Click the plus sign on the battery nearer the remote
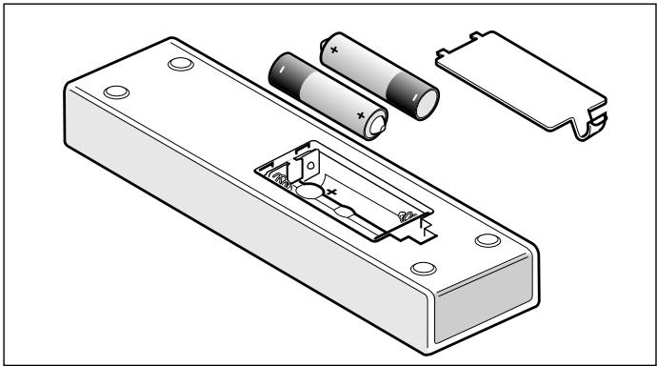pyautogui.click(x=361, y=114)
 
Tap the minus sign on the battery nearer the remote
pyautogui.click(x=282, y=71)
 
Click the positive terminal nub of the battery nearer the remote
pyautogui.click(x=379, y=123)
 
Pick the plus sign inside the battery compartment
pyautogui.click(x=333, y=192)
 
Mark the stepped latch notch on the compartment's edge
pyautogui.click(x=427, y=228)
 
